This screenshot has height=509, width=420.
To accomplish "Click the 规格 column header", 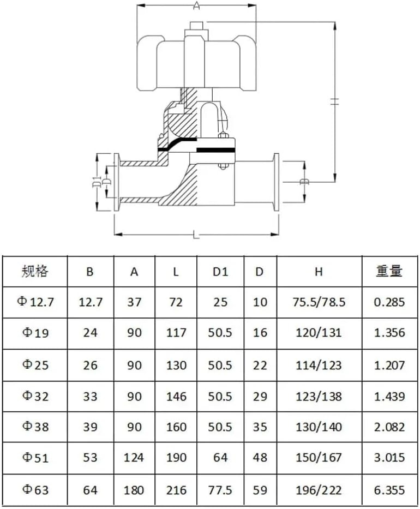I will click(35, 271).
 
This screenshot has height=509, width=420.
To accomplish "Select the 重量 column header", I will click(389, 271).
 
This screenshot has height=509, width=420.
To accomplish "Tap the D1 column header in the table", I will click(220, 271).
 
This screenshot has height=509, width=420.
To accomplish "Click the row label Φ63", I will click(34, 489).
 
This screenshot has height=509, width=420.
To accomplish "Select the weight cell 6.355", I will click(389, 490).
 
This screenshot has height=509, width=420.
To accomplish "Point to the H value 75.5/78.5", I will click(319, 302).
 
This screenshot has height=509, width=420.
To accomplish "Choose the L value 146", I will click(176, 396).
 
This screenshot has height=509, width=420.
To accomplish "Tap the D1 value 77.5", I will click(220, 490).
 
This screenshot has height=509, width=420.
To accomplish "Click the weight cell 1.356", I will click(389, 333).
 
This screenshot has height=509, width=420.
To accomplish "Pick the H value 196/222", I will click(319, 490).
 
